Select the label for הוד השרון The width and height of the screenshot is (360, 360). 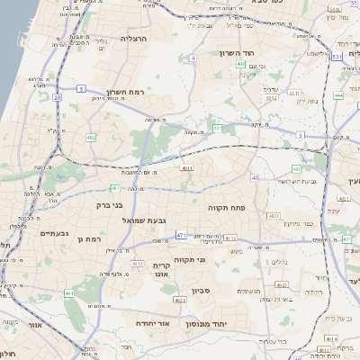coord(238,53)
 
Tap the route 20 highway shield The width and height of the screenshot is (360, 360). coord(57,96)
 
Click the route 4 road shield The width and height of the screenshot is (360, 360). coord(193,58)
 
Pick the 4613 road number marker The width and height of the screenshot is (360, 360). coord(138,263)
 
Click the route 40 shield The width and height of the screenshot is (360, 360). coord(255,178)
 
